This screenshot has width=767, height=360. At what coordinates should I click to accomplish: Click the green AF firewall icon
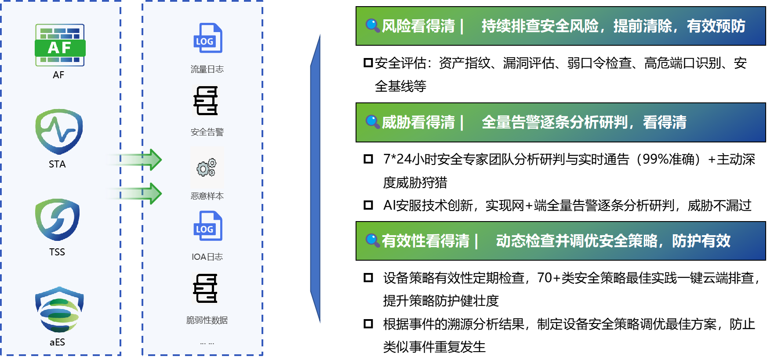coord(60,45)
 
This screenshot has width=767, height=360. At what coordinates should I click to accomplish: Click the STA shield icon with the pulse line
coord(59,131)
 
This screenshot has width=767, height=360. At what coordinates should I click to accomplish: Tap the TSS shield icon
coord(57,219)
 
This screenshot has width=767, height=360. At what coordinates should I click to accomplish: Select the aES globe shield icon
coord(59,310)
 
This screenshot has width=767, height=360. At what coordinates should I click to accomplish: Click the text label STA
coord(57,164)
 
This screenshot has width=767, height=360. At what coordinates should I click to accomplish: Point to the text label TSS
coord(57,252)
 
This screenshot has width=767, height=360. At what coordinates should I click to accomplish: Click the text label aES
coord(57,342)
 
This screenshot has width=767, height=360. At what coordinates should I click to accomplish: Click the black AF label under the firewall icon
coord(58,75)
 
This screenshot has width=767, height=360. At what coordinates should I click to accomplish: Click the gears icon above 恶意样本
coord(207,167)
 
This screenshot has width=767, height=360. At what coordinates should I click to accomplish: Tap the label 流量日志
coord(207,69)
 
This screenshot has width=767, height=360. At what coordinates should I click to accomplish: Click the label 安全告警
coord(207,132)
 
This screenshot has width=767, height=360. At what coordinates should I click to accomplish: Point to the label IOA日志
coord(207,257)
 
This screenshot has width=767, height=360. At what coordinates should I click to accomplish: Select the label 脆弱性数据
coord(207,320)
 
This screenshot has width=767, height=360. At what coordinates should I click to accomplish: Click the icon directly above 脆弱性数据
coord(205,288)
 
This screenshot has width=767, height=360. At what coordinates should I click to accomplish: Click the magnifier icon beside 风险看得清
coord(372,25)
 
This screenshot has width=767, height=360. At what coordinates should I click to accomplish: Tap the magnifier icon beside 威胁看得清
coord(372,122)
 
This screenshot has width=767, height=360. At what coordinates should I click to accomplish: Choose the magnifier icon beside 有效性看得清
coord(372,240)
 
